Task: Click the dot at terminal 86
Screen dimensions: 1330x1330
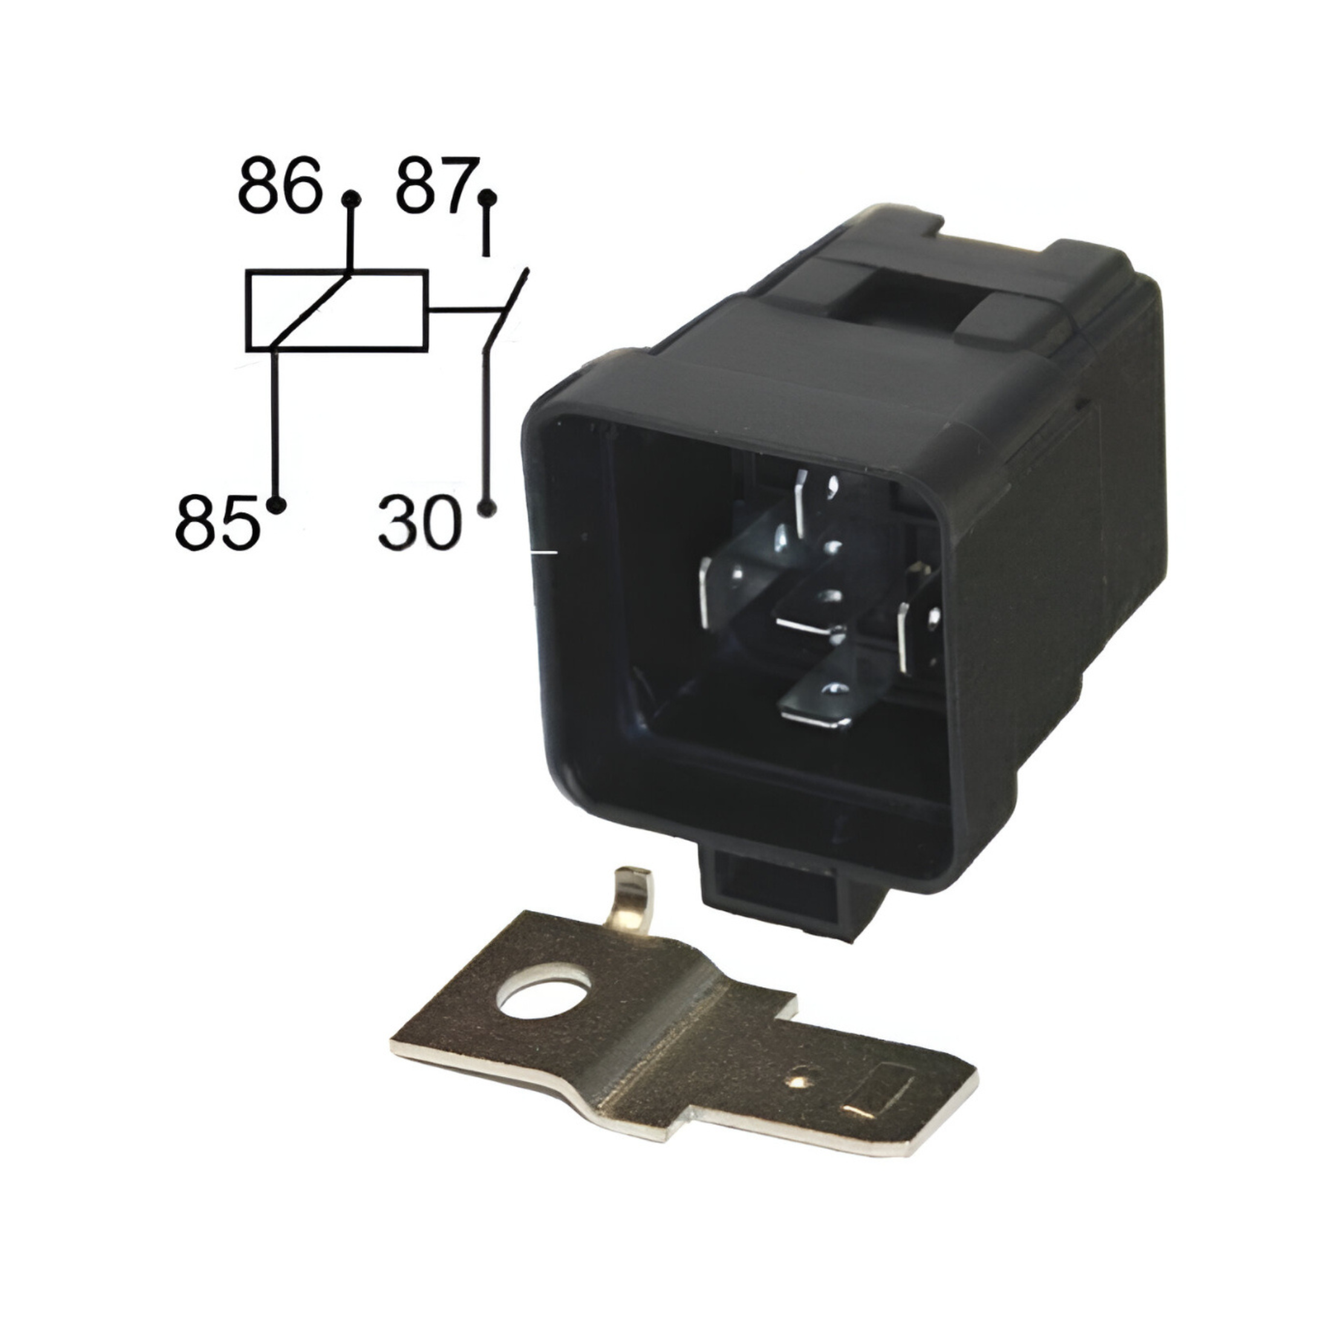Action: (x=352, y=199)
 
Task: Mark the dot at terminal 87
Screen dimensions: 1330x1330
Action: (x=487, y=199)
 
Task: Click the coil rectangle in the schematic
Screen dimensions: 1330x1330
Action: (x=337, y=271)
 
